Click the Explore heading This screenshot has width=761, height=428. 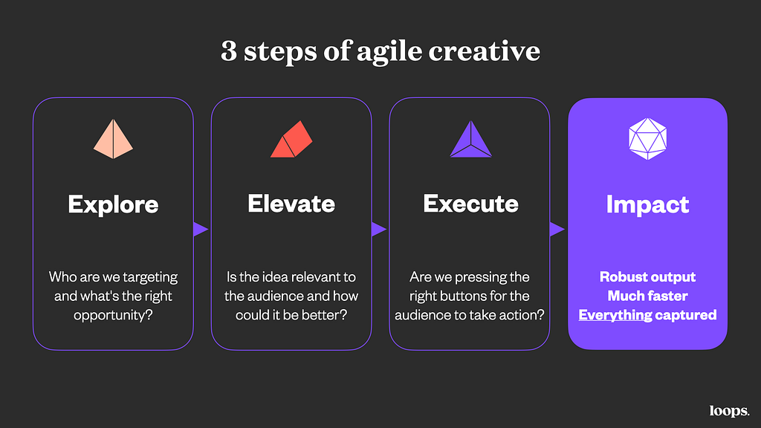click(113, 204)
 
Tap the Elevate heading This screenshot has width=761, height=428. click(291, 204)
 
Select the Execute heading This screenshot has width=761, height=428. click(470, 204)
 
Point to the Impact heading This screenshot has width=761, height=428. click(647, 205)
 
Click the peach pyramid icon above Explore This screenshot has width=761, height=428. click(113, 139)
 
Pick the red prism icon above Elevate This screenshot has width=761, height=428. click(291, 139)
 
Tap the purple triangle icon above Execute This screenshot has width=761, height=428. click(470, 139)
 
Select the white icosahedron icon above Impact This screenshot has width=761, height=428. click(647, 139)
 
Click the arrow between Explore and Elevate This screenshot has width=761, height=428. click(201, 229)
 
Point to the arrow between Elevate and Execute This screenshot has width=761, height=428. click(378, 229)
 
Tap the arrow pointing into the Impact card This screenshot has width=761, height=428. click(557, 229)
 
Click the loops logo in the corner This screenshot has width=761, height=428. click(730, 411)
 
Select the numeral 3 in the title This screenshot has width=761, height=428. click(229, 51)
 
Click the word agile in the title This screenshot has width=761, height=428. click(389, 52)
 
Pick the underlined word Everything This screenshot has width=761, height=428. click(615, 315)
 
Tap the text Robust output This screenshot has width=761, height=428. click(647, 276)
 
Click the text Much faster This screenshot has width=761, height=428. click(647, 296)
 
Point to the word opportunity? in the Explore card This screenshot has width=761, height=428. click(113, 315)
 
